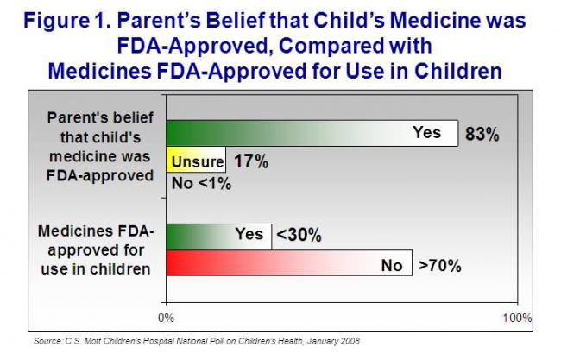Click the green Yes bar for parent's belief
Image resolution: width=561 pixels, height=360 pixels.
(x=311, y=133)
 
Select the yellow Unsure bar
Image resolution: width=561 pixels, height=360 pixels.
(x=195, y=161)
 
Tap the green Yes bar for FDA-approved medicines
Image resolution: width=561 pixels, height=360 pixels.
(x=217, y=235)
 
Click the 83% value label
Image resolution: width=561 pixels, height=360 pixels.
(x=484, y=135)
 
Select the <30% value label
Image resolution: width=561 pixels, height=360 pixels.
(x=299, y=235)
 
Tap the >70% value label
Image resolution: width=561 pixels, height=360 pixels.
(x=440, y=264)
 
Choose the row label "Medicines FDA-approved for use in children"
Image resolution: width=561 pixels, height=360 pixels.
(x=96, y=249)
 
